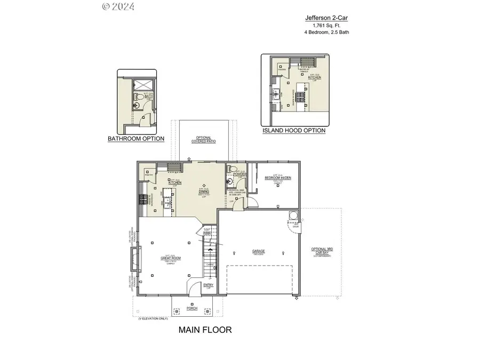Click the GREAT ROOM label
pyautogui.click(x=171, y=258)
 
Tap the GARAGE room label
pyautogui.click(x=259, y=251)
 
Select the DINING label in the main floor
pyautogui.click(x=203, y=191)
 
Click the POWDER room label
pyautogui.click(x=239, y=173)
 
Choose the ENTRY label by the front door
pyautogui.click(x=209, y=285)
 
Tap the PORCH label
pyautogui.click(x=191, y=308)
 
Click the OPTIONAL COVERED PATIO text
pyautogui.click(x=203, y=140)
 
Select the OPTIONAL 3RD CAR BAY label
pyautogui.click(x=322, y=251)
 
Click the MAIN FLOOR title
pyautogui.click(x=205, y=330)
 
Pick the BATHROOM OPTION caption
pyautogui.click(x=136, y=139)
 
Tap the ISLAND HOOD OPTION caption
pyautogui.click(x=293, y=130)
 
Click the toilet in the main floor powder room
pyautogui.click(x=230, y=169)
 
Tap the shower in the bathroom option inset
pyautogui.click(x=143, y=86)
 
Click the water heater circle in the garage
pyautogui.click(x=292, y=215)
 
